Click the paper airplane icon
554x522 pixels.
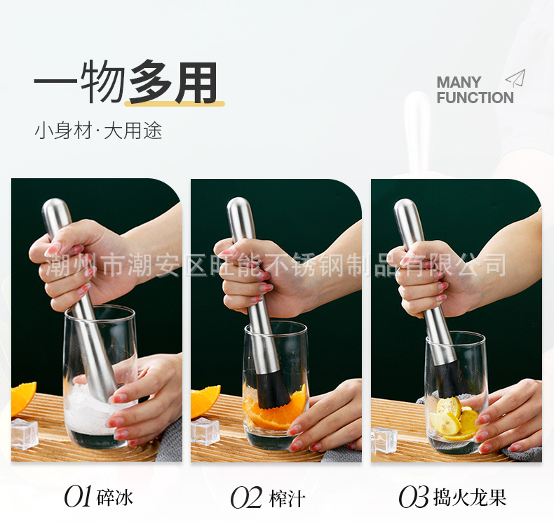click(x=515, y=78)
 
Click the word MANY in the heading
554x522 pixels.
click(x=459, y=83)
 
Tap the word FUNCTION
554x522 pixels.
click(x=475, y=98)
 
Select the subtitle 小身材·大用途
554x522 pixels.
click(x=98, y=131)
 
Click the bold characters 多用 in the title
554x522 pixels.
click(x=173, y=83)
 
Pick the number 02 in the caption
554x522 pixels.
click(x=246, y=497)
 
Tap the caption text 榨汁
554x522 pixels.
click(x=288, y=498)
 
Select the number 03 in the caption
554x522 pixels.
click(x=413, y=497)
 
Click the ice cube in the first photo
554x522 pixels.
click(x=24, y=434)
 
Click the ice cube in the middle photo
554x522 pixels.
click(x=205, y=431)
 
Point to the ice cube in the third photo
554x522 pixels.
click(x=384, y=439)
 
